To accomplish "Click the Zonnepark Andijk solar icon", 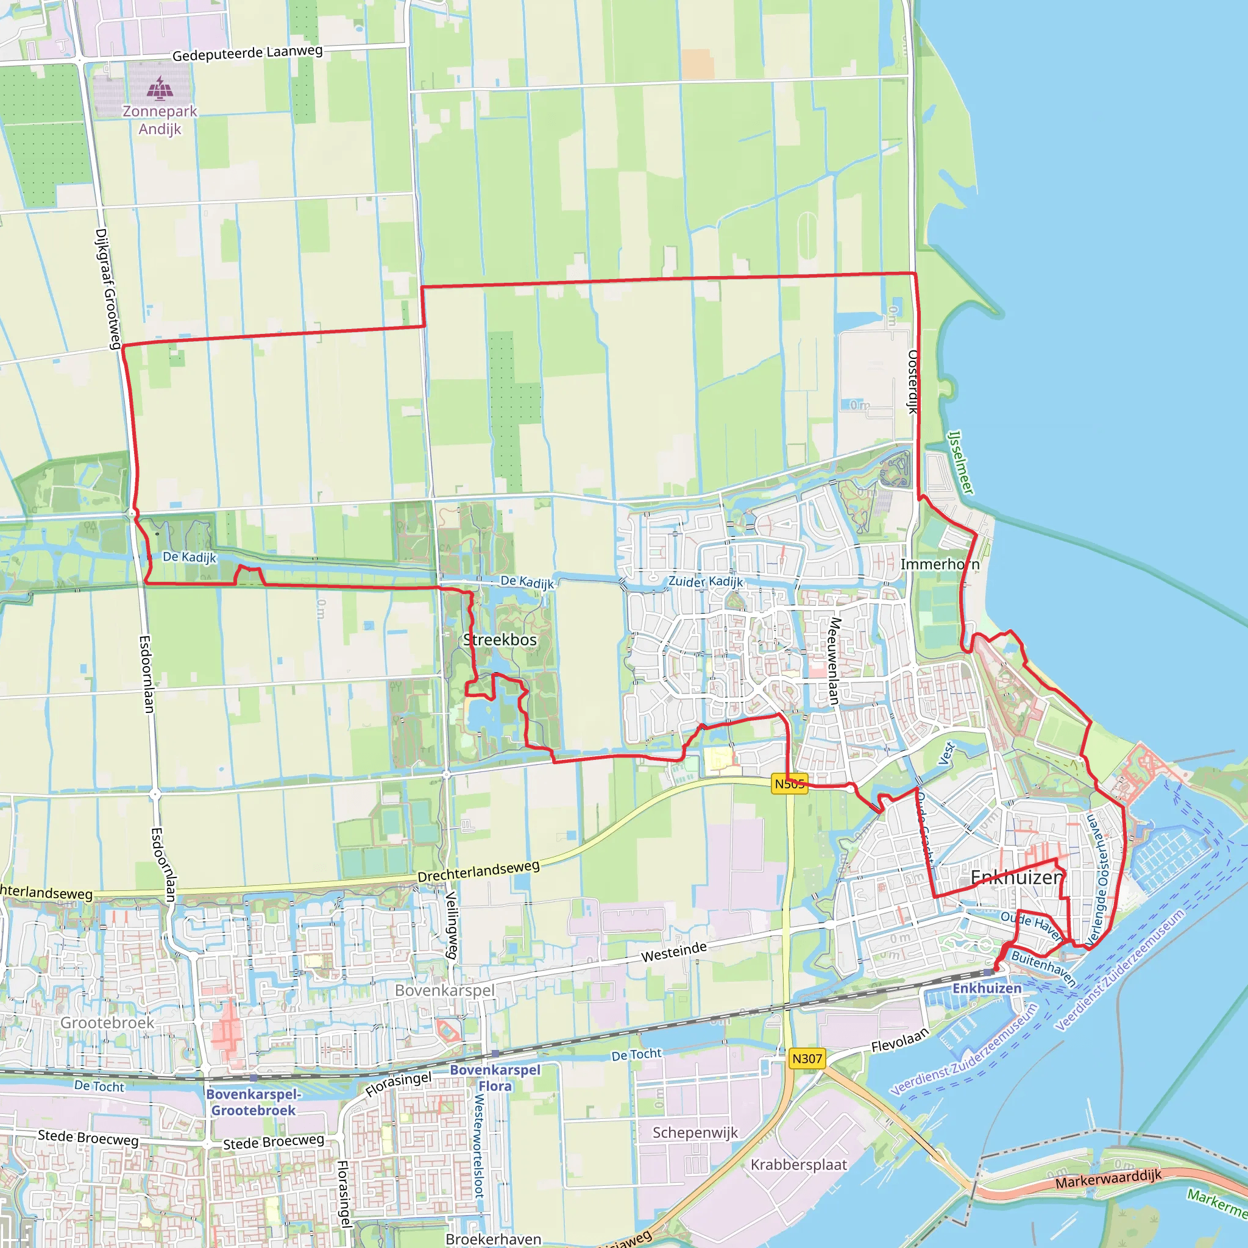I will pos(160,88).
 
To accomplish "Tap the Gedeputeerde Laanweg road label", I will pos(247,53).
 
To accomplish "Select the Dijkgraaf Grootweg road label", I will pos(107,288).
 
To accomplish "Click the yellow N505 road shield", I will pos(789,784).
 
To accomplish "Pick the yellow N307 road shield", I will pos(807,1058).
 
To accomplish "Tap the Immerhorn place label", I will pos(939,564).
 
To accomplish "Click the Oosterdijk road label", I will pos(913,381).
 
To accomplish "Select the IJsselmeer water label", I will pos(960,463).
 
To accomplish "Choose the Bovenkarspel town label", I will pos(444,990).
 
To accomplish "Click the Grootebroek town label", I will pos(107,1023).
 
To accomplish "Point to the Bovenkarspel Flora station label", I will pos(495,1078).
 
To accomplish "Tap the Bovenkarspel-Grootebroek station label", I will pos(253,1102).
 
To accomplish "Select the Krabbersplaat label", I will pos(798,1165).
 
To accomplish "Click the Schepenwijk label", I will pos(695,1132).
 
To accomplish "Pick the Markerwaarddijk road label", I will pos(1108,1179).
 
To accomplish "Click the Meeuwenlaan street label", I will pos(835,661).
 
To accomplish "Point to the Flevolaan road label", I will pos(900,1040).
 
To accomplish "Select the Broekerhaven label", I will pos(494,1239).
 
